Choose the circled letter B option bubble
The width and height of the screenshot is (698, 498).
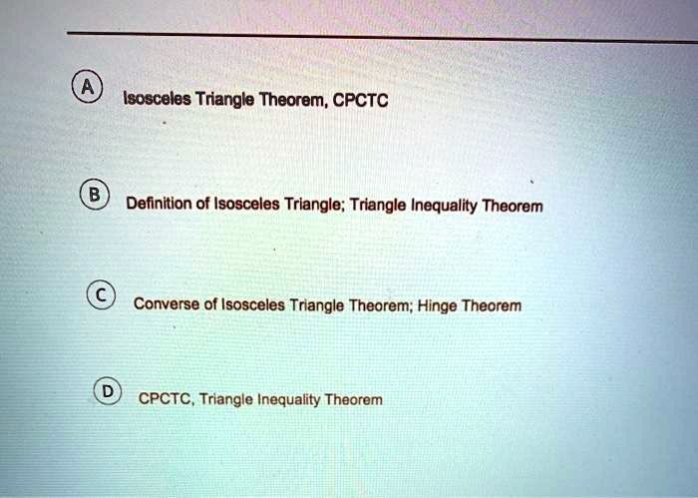[97, 194]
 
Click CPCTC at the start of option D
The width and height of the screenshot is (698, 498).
[166, 399]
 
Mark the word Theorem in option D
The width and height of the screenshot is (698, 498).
[354, 399]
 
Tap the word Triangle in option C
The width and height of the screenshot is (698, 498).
[317, 304]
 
